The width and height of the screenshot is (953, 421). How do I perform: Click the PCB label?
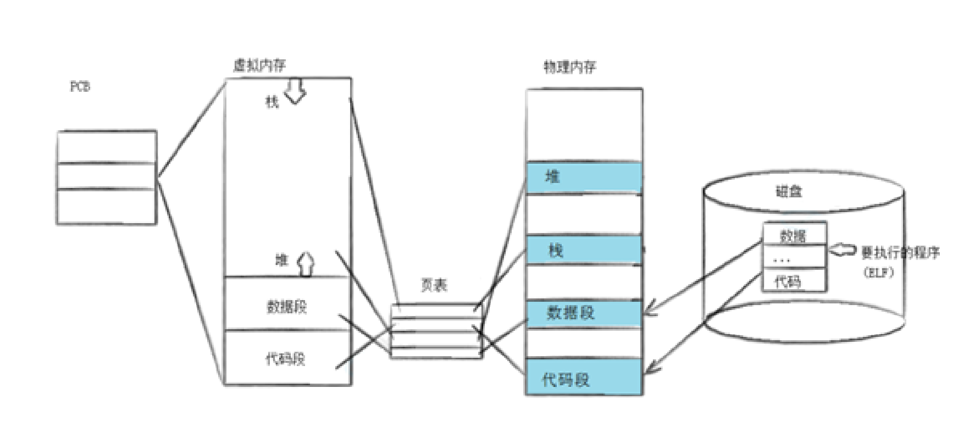tap(80, 86)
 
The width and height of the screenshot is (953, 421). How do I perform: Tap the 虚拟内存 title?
tap(259, 65)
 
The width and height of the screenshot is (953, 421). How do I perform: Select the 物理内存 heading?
tap(570, 67)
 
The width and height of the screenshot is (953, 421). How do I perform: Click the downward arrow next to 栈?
tap(296, 91)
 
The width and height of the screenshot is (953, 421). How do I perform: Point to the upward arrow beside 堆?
tap(306, 264)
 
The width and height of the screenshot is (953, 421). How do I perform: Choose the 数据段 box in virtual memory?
tap(287, 305)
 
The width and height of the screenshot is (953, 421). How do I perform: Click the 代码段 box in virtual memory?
tap(287, 358)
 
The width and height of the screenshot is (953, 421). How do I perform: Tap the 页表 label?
tap(434, 285)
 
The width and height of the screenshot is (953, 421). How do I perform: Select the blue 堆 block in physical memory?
tap(584, 177)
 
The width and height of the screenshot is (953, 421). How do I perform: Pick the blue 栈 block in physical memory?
tap(584, 250)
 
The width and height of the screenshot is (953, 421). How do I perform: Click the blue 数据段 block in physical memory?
tap(584, 313)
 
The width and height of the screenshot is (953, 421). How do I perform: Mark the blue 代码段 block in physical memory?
tap(584, 378)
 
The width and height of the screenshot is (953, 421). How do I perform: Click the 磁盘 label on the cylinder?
tap(789, 191)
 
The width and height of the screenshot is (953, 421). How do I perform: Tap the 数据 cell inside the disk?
tap(794, 235)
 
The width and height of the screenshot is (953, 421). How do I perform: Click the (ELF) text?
tap(879, 272)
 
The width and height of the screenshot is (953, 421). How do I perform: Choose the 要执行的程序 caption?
tap(900, 253)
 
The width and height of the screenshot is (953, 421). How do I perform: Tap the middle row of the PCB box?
tap(106, 176)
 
